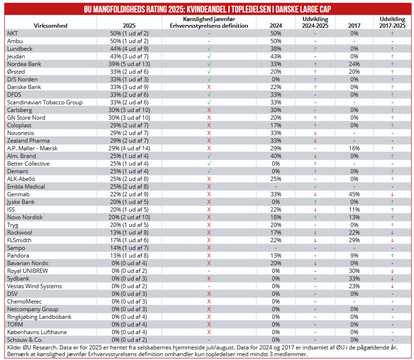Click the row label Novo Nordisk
pyautogui.click(x=25, y=217)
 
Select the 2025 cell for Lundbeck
pyautogui.click(x=129, y=49)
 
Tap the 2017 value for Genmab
pyautogui.click(x=354, y=194)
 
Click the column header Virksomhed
pyautogui.click(x=50, y=26)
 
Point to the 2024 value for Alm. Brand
pyautogui.click(x=276, y=156)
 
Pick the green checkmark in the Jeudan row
pyautogui.click(x=209, y=56)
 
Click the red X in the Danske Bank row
pyautogui.click(x=209, y=87)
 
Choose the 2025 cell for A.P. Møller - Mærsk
pyautogui.click(x=129, y=148)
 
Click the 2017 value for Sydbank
pyautogui.click(x=354, y=279)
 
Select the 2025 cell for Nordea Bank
pyautogui.click(x=129, y=64)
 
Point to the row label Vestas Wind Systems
pyautogui.click(x=34, y=286)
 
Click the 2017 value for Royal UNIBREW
pyautogui.click(x=354, y=271)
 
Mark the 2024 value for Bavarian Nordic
pyautogui.click(x=276, y=263)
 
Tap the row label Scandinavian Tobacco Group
pyautogui.click(x=45, y=102)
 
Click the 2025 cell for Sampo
pyautogui.click(x=129, y=248)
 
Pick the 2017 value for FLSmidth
pyautogui.click(x=354, y=240)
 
